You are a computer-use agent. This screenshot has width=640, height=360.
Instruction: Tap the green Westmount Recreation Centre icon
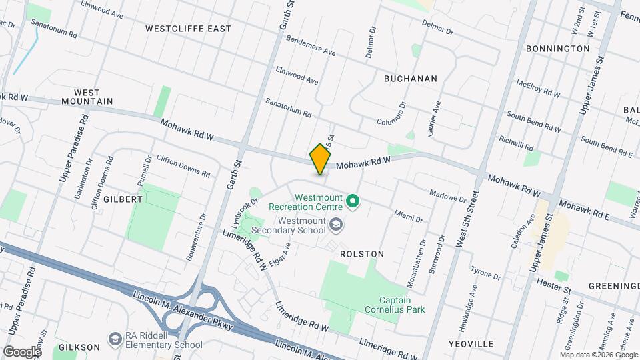(x=353, y=201)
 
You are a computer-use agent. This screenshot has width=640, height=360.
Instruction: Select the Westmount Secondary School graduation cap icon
(x=335, y=225)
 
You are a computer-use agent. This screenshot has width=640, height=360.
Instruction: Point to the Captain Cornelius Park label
(x=394, y=305)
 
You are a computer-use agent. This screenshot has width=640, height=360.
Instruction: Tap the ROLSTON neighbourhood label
(x=362, y=254)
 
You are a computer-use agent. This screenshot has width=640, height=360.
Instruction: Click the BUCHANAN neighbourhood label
(x=411, y=79)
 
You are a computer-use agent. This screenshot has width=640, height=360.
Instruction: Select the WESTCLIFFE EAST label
(x=188, y=29)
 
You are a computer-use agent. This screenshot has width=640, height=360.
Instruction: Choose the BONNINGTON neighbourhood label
(x=557, y=49)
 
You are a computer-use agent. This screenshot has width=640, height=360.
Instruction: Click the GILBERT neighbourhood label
(x=123, y=199)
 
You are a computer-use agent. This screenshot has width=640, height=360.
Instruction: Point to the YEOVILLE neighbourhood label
(x=471, y=344)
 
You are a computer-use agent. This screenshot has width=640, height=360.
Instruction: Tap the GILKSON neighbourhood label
(x=79, y=347)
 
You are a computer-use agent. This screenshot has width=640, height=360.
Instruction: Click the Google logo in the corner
(x=22, y=351)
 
